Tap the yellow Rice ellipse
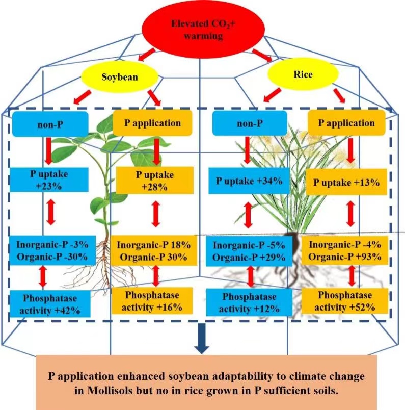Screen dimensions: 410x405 (302, 74)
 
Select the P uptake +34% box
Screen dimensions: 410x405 (248, 181)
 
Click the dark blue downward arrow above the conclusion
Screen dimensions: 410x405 (202, 343)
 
